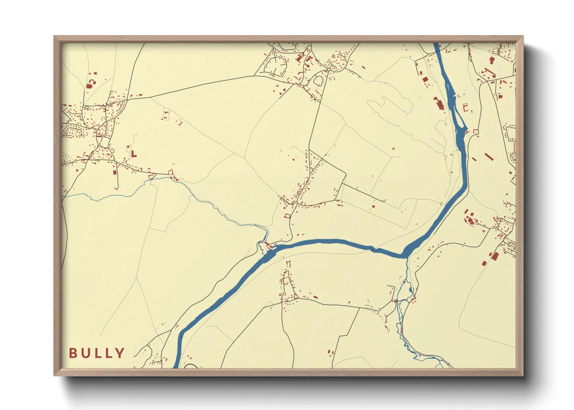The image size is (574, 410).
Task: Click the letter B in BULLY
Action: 73,353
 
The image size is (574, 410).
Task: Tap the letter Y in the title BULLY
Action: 120,353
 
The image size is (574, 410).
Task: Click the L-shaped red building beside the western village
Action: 133,154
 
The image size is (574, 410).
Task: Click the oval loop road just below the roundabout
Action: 318,81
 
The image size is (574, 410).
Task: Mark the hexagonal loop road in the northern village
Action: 275,66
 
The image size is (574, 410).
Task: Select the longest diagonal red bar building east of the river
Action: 489,157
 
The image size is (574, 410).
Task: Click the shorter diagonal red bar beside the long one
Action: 474,159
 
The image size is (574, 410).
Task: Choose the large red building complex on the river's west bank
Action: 439,104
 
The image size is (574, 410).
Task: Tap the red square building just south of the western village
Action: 114,172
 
